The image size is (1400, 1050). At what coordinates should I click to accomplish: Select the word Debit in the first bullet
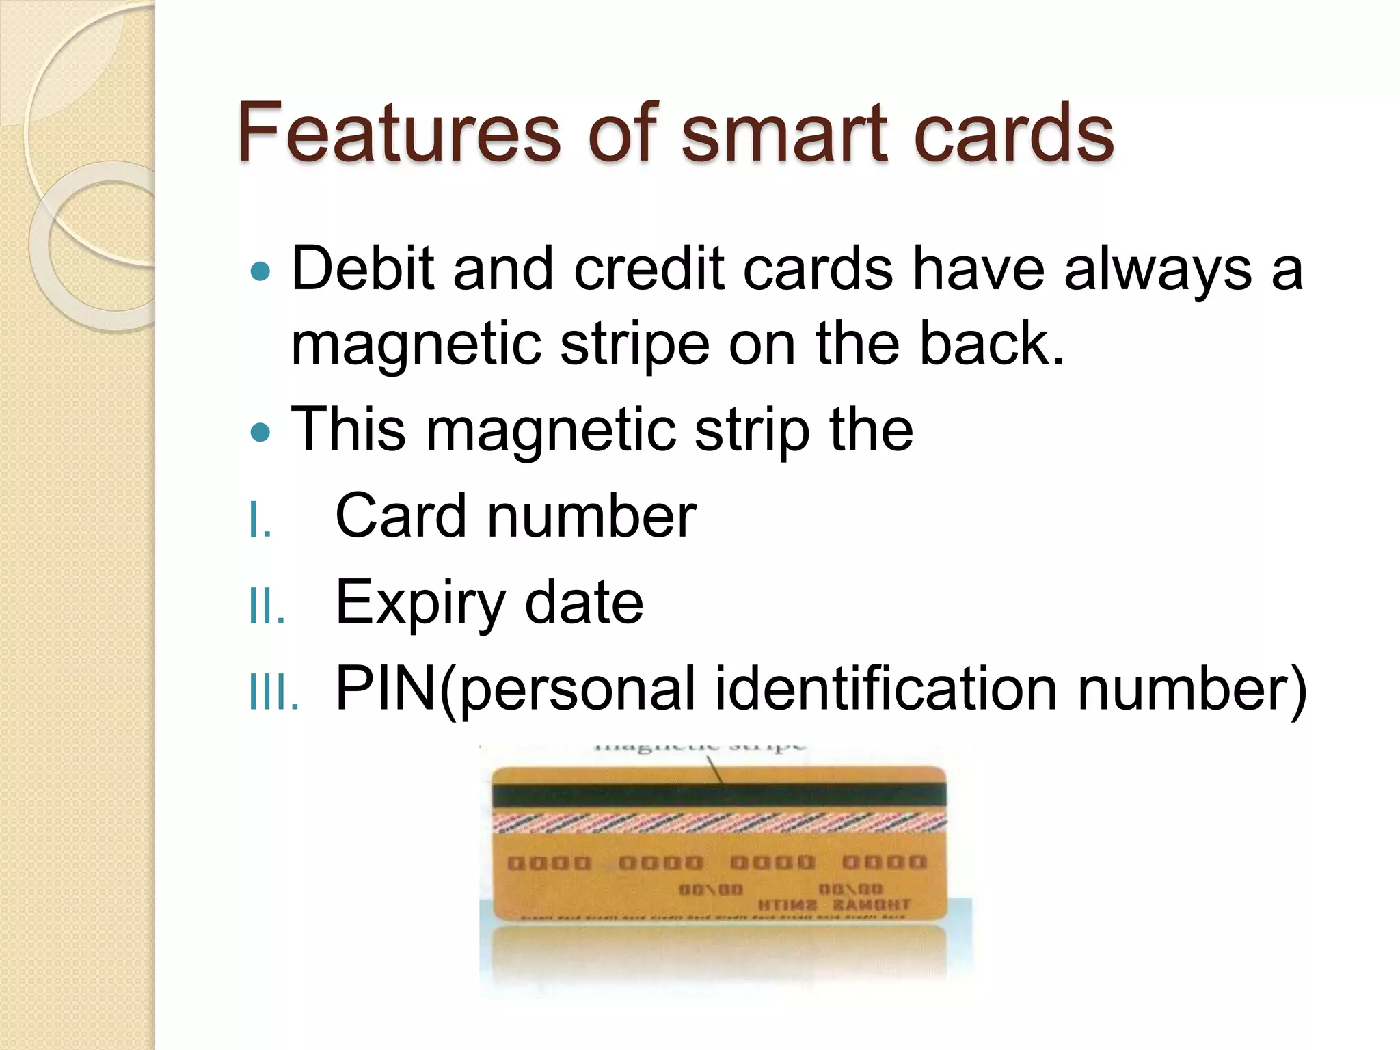[x=362, y=269]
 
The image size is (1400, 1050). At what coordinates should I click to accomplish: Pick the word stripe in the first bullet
[x=635, y=345]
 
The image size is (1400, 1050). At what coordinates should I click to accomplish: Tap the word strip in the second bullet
[x=751, y=431]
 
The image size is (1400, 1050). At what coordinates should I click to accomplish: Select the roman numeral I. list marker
[x=260, y=520]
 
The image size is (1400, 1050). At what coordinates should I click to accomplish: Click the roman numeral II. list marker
[x=267, y=606]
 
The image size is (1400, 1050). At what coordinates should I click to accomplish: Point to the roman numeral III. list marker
[x=273, y=692]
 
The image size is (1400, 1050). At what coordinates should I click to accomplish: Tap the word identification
[x=886, y=688]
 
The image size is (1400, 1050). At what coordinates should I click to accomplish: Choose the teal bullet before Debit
[x=260, y=272]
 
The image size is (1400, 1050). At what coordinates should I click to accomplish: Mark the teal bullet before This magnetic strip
[x=260, y=432]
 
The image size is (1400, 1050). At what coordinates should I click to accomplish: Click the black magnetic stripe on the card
[x=719, y=795]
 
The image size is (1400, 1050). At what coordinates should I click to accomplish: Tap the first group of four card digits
[x=549, y=863]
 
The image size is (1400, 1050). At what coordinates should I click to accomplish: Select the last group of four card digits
[x=884, y=862]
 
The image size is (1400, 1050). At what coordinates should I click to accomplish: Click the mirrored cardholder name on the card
[x=834, y=905]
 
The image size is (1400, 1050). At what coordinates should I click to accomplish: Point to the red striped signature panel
[x=719, y=822]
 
